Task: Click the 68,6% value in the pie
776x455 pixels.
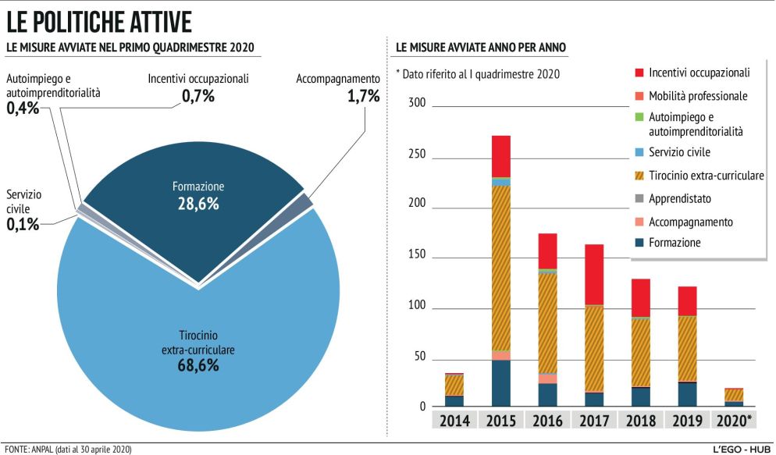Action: (198, 365)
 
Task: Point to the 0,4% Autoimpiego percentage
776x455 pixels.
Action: (23, 108)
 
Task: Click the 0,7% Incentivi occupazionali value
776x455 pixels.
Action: (198, 97)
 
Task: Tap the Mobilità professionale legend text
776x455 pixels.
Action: (698, 96)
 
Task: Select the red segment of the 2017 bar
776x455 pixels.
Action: (594, 274)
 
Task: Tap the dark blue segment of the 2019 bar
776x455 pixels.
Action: (687, 394)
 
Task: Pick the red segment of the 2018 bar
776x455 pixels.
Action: (641, 297)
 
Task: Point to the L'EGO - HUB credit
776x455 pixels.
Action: (741, 450)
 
